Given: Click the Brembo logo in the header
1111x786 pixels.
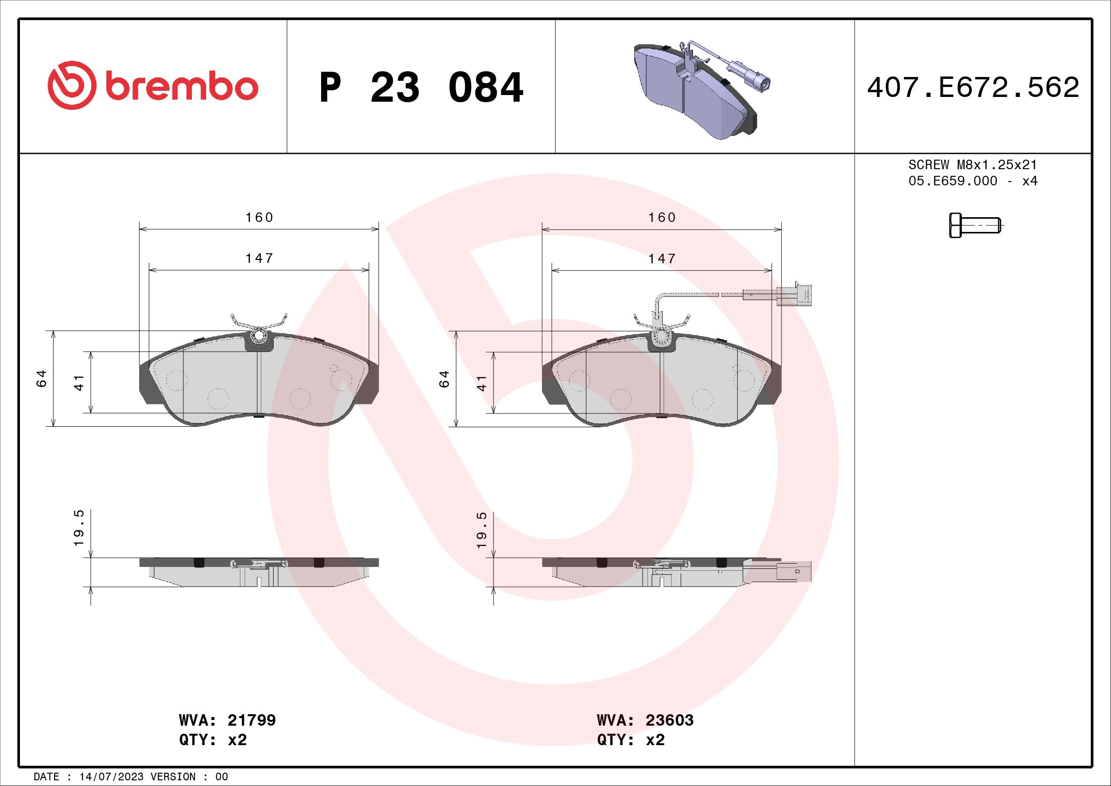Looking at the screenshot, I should coord(153,86).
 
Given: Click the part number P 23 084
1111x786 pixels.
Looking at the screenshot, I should coord(421,87).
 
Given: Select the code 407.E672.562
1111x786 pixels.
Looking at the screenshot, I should coord(973,87).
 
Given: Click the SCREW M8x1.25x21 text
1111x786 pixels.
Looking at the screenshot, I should coord(973,165).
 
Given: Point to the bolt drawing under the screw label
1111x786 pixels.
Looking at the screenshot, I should coord(974,226).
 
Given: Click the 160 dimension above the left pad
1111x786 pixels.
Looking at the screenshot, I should coord(259,218).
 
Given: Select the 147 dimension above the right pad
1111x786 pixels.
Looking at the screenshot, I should coord(662,259).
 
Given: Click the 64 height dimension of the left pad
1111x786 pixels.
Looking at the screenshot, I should coord(41,378).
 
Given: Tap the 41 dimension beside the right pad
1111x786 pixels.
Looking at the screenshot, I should coord(482,383).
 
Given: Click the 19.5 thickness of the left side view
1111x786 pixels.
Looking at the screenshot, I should coord(79,527).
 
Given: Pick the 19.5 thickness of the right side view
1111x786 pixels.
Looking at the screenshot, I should coord(482,530).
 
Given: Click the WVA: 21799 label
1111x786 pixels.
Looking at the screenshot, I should coord(227,720).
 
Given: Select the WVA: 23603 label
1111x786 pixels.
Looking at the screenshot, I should coord(645,720).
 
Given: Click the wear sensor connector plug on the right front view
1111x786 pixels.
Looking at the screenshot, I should coord(794,295).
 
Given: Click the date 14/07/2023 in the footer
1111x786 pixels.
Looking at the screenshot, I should coord(112,777).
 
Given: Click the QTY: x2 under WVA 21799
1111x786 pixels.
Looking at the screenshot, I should coord(213,740).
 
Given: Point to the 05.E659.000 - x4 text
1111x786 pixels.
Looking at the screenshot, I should coord(973,181).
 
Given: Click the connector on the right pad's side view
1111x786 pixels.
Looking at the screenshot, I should coord(794,572).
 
